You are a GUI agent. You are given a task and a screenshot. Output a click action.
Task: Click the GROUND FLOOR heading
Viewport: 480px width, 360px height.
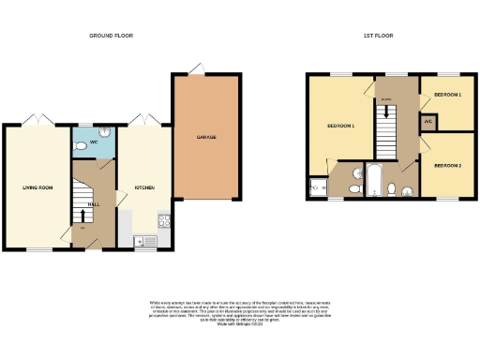click(x=111, y=36)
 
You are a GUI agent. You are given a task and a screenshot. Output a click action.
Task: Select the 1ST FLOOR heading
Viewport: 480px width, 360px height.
click(x=378, y=36)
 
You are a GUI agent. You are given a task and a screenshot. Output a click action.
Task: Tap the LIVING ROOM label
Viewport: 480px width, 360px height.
click(x=37, y=187)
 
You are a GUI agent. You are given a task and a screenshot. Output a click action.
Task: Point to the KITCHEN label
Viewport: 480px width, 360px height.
click(x=142, y=187)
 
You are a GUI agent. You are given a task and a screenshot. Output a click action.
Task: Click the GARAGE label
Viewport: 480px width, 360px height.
click(x=206, y=138)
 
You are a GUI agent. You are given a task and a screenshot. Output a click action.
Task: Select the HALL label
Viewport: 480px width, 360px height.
click(x=94, y=203)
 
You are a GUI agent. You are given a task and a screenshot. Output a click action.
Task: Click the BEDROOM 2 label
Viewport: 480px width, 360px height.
click(x=447, y=165)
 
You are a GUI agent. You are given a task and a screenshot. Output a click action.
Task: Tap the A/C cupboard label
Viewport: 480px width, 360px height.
click(x=427, y=121)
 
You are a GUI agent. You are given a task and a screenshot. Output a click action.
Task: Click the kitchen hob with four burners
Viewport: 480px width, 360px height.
click(x=163, y=222)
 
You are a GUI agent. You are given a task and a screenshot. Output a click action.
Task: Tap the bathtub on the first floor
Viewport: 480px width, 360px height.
click(x=373, y=180)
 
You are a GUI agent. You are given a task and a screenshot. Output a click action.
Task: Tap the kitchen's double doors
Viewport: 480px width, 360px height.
click(x=142, y=119)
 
